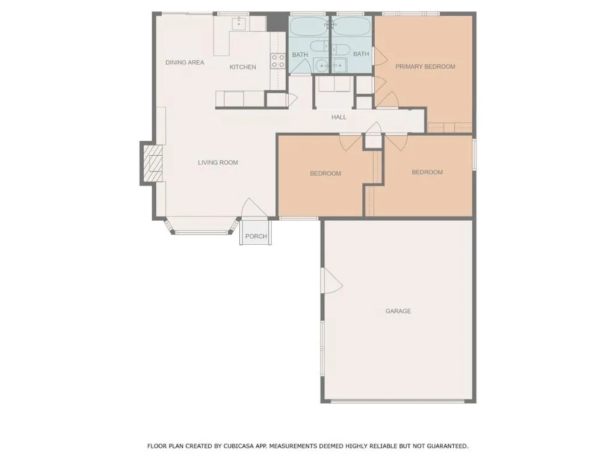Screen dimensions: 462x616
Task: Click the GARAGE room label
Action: pyautogui.click(x=398, y=311)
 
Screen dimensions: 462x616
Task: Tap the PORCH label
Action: pyautogui.click(x=256, y=236)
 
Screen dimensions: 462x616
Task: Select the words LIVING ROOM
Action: pyautogui.click(x=218, y=162)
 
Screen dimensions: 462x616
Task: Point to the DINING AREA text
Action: pyautogui.click(x=185, y=63)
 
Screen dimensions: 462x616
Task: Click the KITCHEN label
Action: pyautogui.click(x=242, y=67)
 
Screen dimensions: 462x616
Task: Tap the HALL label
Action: pyautogui.click(x=339, y=117)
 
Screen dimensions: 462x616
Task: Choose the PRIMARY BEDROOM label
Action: pyautogui.click(x=425, y=67)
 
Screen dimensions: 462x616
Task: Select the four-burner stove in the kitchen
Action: pyautogui.click(x=278, y=61)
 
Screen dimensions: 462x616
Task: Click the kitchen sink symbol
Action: pyautogui.click(x=239, y=23)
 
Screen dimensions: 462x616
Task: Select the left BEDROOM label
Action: pyautogui.click(x=325, y=173)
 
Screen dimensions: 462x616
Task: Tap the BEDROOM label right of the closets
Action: pyautogui.click(x=427, y=172)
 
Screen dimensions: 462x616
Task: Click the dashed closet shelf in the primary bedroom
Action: pyautogui.click(x=450, y=127)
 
